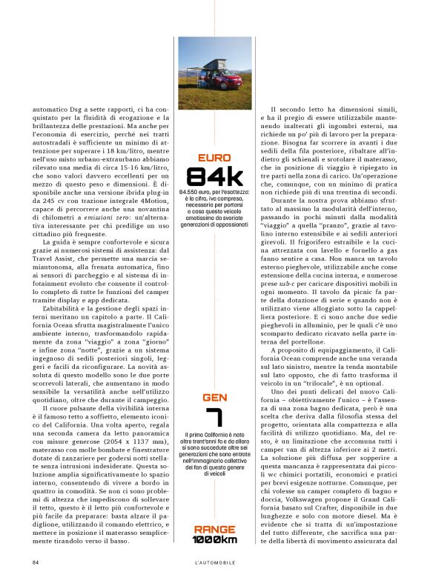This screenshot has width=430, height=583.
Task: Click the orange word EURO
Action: (214, 158)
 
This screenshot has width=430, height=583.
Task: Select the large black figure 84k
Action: (214, 176)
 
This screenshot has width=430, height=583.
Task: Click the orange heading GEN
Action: (214, 398)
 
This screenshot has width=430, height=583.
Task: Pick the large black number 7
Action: (214, 423)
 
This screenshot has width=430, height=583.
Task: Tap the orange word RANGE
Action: (214, 529)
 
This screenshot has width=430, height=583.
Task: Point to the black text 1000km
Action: (214, 539)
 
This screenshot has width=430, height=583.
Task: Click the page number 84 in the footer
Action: (35, 562)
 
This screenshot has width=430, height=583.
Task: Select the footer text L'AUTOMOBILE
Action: (215, 562)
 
